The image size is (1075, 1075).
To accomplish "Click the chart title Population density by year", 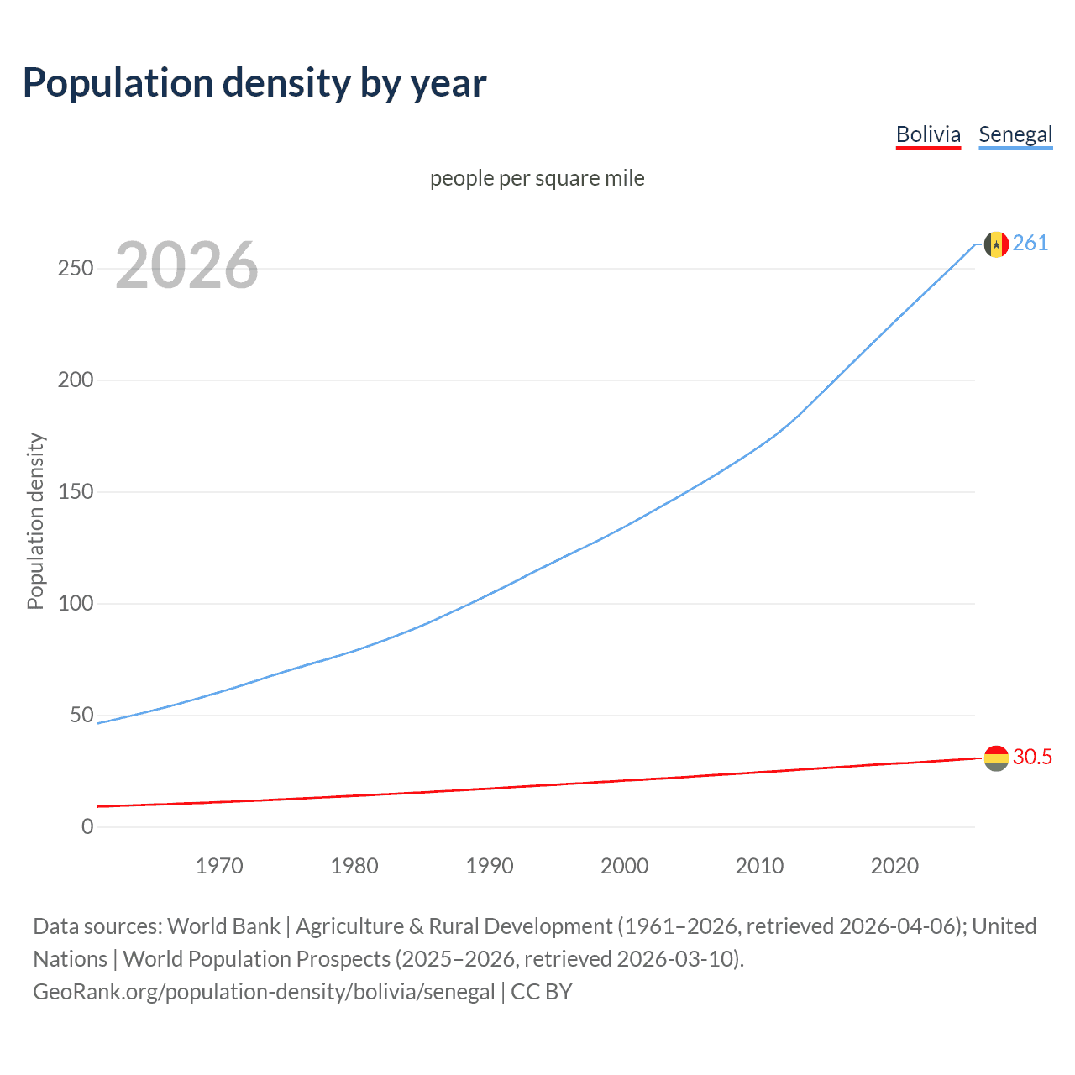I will tap(254, 83).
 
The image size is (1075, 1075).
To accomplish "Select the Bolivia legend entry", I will tap(928, 134).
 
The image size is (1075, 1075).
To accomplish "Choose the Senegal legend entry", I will tap(1015, 134).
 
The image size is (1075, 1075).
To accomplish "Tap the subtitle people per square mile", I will tap(537, 178).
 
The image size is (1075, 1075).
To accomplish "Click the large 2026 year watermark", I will tap(186, 265).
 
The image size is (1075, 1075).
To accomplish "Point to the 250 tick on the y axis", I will tap(76, 269).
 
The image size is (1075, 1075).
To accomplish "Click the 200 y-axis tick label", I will tap(76, 380).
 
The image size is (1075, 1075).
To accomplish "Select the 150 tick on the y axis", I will tap(76, 491).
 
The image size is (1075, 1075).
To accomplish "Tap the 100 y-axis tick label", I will tap(76, 603).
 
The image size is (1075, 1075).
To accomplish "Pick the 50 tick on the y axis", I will tap(81, 715).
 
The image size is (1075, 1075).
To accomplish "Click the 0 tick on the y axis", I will tap(87, 826).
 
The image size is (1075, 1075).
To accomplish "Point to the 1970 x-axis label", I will tap(219, 866).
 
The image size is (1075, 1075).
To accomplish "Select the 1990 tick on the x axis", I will tap(490, 866).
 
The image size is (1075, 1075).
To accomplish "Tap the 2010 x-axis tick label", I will tap(759, 866).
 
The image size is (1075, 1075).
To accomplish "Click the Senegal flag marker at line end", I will tap(996, 244).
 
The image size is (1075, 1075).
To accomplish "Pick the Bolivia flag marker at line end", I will tap(996, 758).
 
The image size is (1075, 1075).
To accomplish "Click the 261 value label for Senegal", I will tap(1030, 244).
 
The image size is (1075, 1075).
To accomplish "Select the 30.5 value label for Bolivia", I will tap(1032, 757).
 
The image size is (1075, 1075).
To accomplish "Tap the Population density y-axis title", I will tap(35, 521).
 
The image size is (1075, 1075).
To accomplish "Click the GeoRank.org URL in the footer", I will tap(264, 992).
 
